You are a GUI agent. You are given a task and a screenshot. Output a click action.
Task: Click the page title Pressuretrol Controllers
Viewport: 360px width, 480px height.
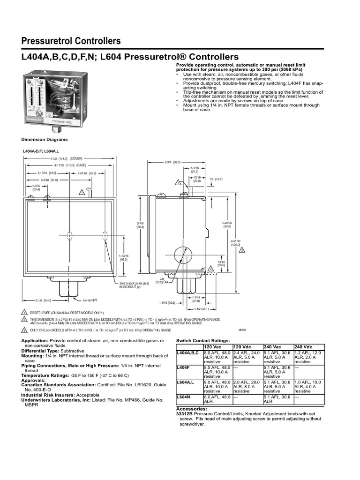pos(71,41)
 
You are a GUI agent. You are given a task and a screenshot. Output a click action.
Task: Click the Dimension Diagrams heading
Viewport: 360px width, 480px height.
pos(45,139)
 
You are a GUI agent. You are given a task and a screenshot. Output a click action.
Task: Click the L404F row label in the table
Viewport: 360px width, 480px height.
pos(183,367)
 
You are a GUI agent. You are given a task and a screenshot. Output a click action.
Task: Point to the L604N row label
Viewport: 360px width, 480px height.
pos(183,397)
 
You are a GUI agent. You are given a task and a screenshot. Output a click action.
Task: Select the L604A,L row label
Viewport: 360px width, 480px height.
pos(186,382)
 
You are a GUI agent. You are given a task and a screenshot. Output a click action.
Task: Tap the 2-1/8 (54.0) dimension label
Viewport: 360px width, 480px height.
pos(43,300)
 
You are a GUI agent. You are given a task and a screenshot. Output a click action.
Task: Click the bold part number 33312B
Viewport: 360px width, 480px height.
pos(185,414)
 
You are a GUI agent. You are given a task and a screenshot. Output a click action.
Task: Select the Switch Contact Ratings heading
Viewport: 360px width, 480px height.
pos(202,339)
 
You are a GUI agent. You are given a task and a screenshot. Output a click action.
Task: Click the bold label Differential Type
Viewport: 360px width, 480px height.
pos(44,351)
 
